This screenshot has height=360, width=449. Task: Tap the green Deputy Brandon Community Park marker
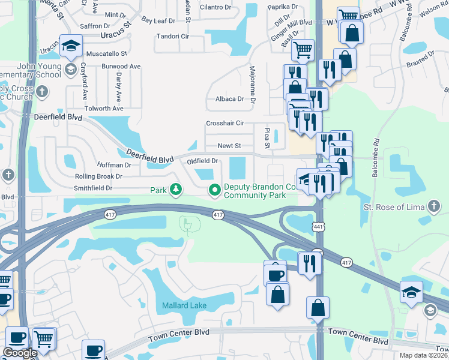(214, 190)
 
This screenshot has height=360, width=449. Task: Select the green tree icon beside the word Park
(175, 190)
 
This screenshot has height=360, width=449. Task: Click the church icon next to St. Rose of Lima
(434, 207)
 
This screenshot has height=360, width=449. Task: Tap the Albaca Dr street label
(229, 99)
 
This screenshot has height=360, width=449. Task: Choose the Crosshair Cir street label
(225, 123)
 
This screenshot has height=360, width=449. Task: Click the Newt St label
(229, 146)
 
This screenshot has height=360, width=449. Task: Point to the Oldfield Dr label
(202, 161)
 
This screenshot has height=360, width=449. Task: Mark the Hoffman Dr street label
(115, 165)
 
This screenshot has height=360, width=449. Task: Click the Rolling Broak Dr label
(98, 176)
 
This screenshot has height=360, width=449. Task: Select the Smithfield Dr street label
(93, 188)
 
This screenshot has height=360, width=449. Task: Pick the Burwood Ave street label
(121, 66)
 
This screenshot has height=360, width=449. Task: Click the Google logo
(20, 353)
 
